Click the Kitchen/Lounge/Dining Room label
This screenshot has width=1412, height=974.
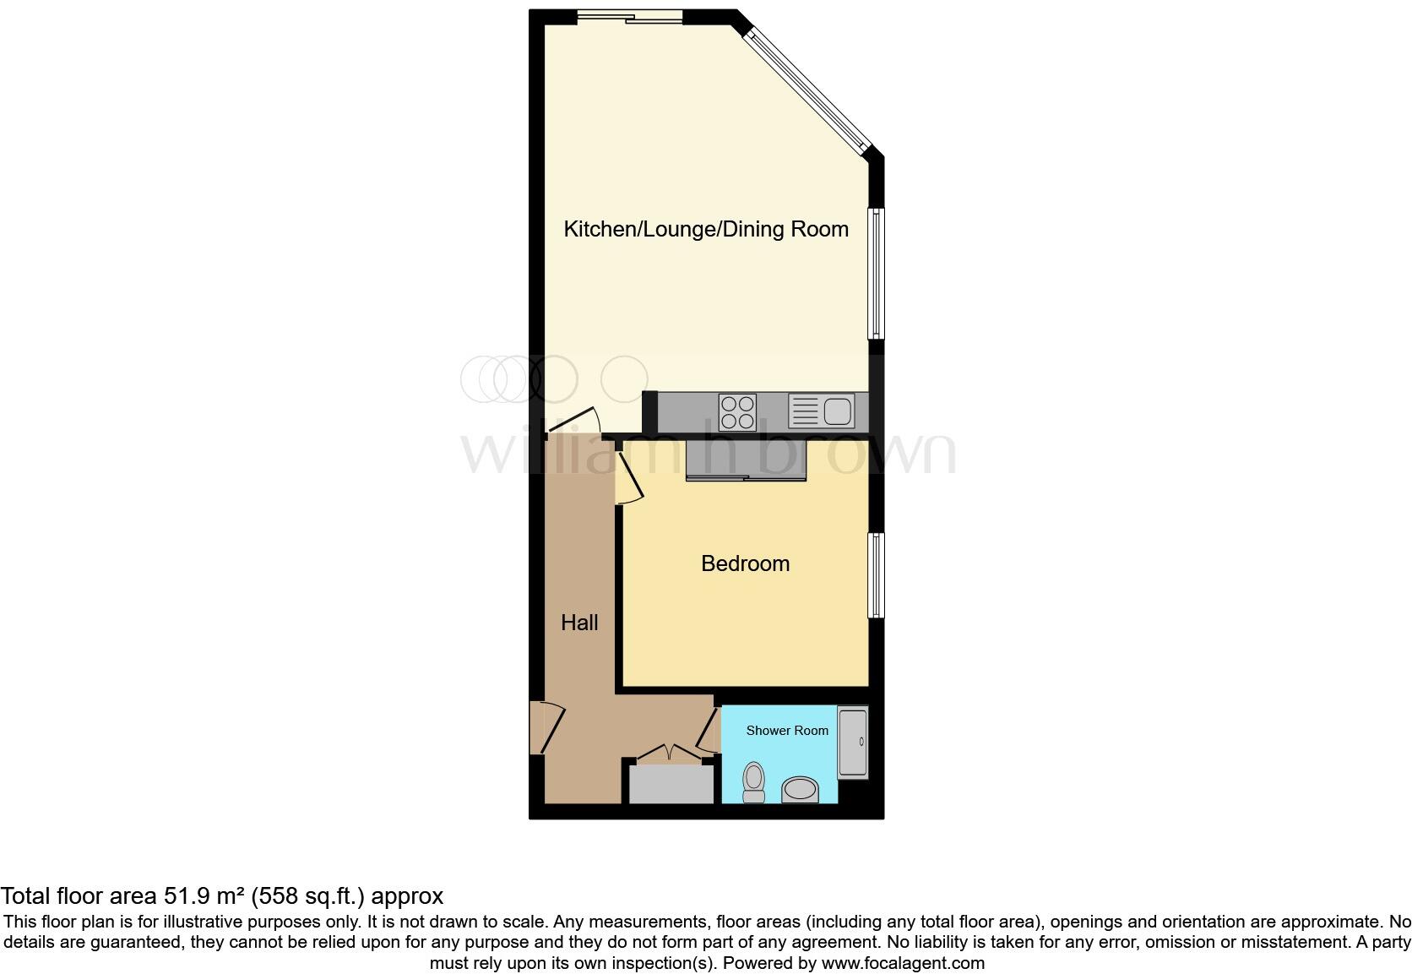click(x=705, y=229)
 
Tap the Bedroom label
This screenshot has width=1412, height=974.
click(x=745, y=563)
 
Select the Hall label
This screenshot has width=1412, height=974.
click(x=579, y=623)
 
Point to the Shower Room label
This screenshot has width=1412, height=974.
click(x=787, y=731)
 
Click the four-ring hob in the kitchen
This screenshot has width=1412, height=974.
click(x=736, y=413)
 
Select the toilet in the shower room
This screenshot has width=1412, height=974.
click(x=753, y=781)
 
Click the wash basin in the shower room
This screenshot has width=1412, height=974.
click(x=800, y=790)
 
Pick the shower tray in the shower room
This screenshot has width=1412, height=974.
click(x=852, y=743)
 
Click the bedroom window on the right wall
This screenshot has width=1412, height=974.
click(x=877, y=575)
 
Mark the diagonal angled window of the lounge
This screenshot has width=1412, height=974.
click(x=808, y=85)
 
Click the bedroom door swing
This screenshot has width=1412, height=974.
click(x=628, y=478)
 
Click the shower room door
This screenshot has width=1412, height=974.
click(x=708, y=732)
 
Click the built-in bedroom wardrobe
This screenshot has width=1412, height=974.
click(x=747, y=460)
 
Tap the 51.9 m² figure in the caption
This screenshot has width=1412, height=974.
click(x=205, y=896)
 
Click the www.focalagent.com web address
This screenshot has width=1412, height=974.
click(x=903, y=963)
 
